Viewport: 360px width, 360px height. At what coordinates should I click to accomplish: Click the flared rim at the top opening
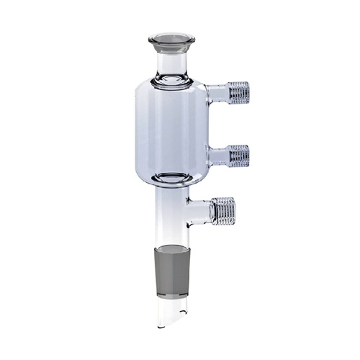171,39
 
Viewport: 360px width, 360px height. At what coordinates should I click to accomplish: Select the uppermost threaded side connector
236,91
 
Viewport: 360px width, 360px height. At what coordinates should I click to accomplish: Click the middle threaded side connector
236,154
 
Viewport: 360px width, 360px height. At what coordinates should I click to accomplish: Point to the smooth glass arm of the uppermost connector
215,91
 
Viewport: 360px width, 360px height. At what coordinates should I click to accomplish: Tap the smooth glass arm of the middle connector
215,154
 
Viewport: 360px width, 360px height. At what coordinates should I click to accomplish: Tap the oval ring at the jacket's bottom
171,179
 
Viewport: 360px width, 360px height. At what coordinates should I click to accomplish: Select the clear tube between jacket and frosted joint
171,216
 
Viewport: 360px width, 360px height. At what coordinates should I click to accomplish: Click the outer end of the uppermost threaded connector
248,91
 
